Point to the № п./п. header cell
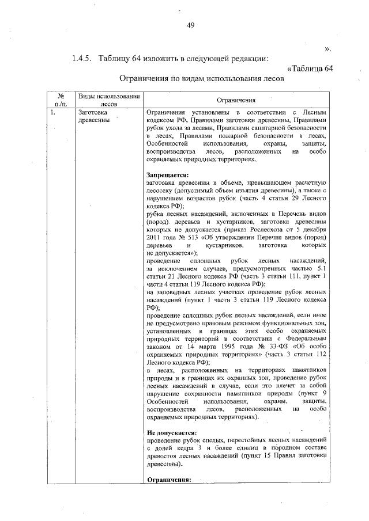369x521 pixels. click(x=60, y=100)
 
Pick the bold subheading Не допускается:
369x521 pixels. click(x=171, y=432)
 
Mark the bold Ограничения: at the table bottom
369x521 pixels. click(x=169, y=479)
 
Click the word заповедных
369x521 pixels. click(x=172, y=292)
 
